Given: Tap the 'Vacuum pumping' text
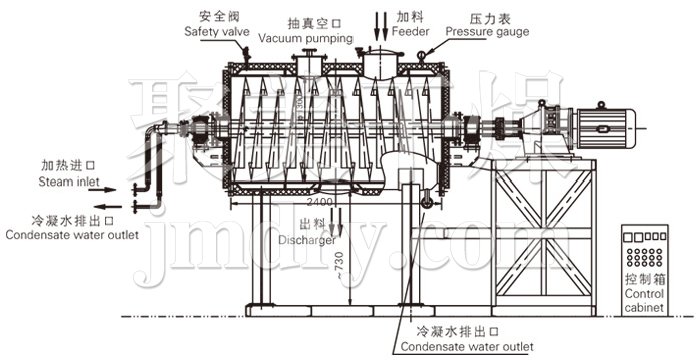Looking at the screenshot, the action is (x=305, y=38).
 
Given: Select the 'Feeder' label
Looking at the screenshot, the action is (x=410, y=32).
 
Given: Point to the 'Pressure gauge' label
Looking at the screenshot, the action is (x=487, y=32).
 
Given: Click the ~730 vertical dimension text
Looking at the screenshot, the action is (x=340, y=264).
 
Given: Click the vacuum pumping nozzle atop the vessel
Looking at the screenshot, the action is (x=306, y=62).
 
